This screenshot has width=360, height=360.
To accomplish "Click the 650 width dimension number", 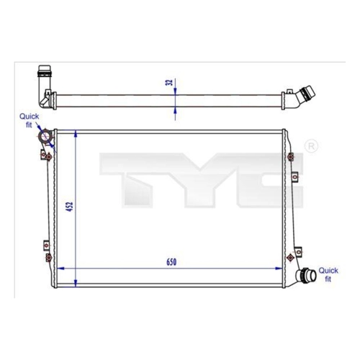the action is (x=171, y=262).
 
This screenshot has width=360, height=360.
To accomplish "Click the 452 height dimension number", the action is (x=70, y=207).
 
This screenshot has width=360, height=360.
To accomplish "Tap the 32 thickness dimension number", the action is (x=169, y=82).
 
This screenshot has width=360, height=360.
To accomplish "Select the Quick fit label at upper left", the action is (x=29, y=120).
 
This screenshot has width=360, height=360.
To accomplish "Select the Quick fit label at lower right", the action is (x=328, y=274).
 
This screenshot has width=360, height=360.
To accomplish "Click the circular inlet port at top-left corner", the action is (x=45, y=137).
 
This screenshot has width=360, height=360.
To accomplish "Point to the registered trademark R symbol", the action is (x=312, y=146).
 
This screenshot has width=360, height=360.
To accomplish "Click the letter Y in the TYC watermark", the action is (x=200, y=180).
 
